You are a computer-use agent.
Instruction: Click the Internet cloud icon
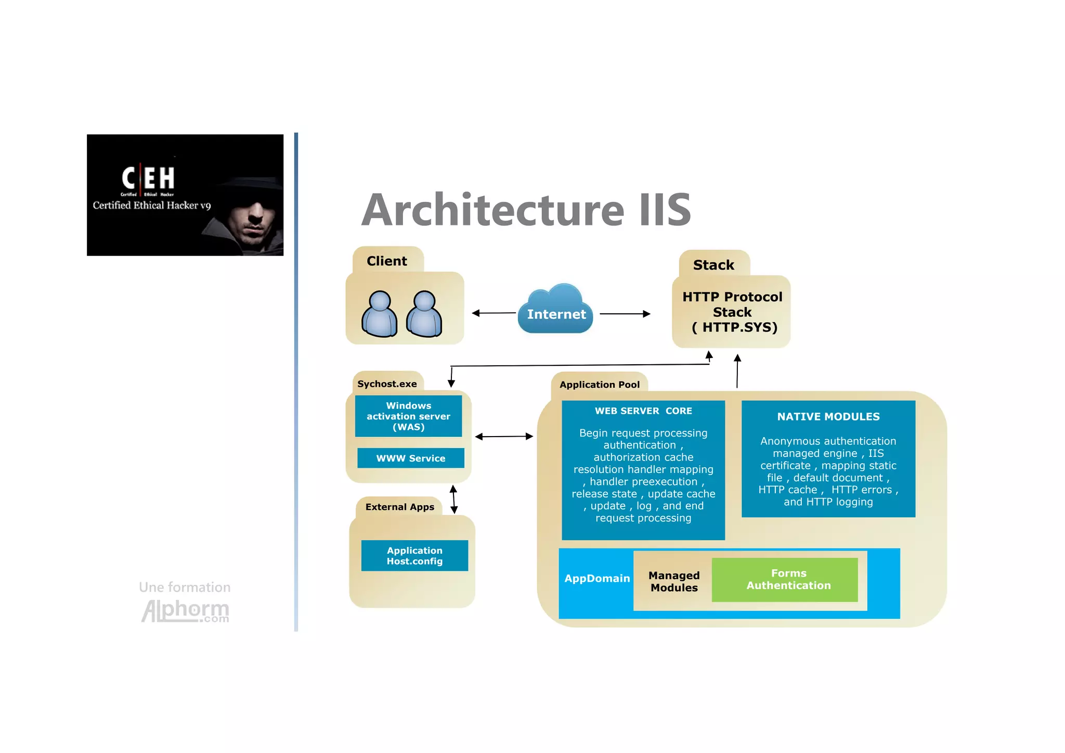click(x=555, y=310)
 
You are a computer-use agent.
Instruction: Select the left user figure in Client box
click(x=379, y=314)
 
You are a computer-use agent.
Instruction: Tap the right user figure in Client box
click(x=424, y=314)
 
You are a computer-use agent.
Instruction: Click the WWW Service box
click(x=410, y=458)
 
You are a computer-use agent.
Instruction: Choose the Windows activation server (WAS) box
click(x=408, y=416)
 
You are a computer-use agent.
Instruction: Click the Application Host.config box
click(x=414, y=555)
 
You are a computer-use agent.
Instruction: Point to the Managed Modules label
click(x=674, y=581)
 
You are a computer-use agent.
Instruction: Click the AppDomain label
click(x=596, y=578)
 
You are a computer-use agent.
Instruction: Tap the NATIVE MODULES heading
click(x=828, y=416)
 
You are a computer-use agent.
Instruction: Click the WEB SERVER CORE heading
click(x=643, y=411)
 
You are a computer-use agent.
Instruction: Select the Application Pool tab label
click(x=599, y=385)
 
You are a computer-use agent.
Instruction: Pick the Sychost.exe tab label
click(x=387, y=384)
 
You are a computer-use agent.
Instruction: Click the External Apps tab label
click(x=399, y=507)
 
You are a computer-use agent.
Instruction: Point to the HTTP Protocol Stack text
click(x=732, y=312)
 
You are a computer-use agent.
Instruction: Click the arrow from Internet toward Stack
click(x=625, y=314)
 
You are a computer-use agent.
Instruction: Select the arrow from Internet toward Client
click(x=493, y=313)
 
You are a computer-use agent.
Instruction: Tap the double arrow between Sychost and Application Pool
click(x=504, y=436)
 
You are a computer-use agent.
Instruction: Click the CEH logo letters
click(x=148, y=178)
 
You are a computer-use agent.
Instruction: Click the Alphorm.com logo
click(x=186, y=610)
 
